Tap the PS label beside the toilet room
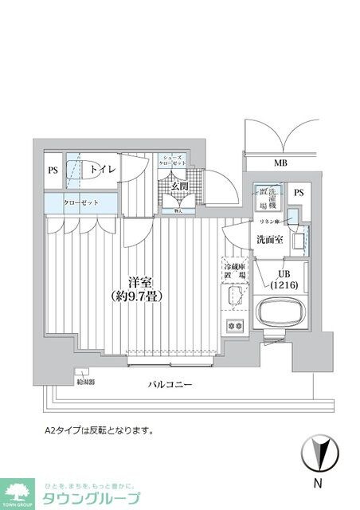coord(53,170)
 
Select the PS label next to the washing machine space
coord(298,193)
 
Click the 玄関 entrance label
coord(179,186)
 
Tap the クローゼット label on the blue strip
coord(82,203)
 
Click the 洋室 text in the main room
coord(142,281)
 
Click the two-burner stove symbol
coord(235,324)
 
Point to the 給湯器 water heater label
coord(85,382)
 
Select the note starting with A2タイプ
coord(99,430)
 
